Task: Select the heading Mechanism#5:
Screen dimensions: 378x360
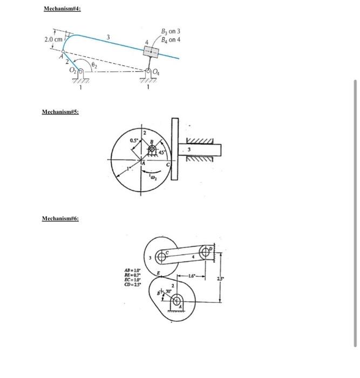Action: coord(60,112)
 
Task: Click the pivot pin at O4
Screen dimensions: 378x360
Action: coord(150,72)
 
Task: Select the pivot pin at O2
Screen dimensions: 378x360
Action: coord(80,71)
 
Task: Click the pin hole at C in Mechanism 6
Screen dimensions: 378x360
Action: coord(160,255)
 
